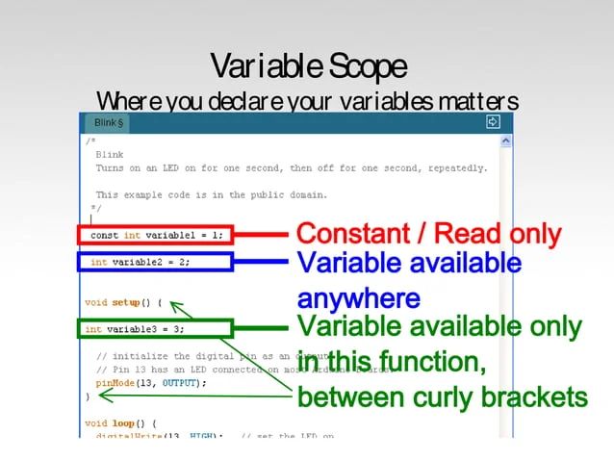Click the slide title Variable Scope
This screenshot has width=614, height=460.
[307, 66]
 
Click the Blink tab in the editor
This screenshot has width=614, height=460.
[107, 124]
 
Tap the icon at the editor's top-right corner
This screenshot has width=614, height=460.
[494, 123]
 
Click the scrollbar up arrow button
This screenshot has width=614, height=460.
[506, 141]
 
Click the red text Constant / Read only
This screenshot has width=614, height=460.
[428, 234]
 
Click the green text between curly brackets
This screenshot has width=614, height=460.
[442, 396]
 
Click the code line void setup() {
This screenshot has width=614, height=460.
[123, 302]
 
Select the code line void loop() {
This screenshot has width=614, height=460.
[120, 422]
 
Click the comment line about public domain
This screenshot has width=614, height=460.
[211, 194]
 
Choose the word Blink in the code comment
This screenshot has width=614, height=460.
[109, 154]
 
